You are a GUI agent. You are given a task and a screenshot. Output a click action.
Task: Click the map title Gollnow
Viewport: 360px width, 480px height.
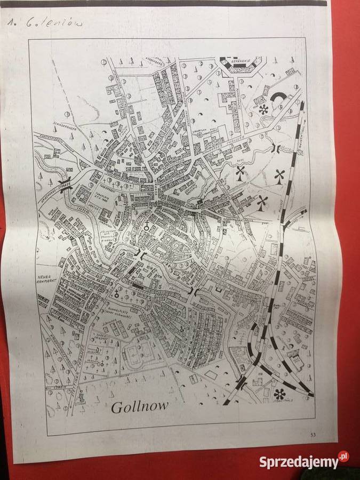(x=139, y=406)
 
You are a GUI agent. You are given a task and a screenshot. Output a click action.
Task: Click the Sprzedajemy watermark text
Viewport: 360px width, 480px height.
(x=298, y=462)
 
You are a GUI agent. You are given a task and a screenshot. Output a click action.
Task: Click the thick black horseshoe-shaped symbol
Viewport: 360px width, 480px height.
(x=280, y=99)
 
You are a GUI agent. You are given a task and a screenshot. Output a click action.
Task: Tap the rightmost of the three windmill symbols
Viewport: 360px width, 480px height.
(x=279, y=175)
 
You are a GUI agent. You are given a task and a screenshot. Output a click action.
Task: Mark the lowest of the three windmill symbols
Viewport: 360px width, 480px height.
(x=262, y=202)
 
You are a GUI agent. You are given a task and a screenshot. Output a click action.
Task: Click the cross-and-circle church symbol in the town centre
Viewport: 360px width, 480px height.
(x=145, y=226)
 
